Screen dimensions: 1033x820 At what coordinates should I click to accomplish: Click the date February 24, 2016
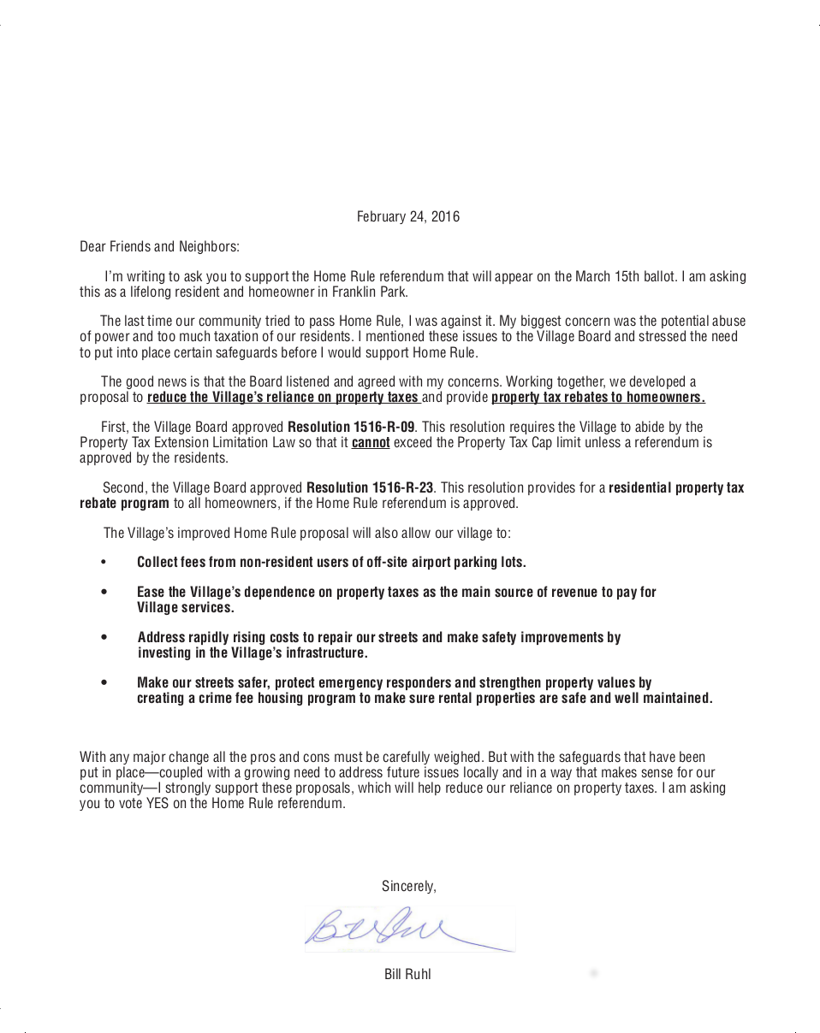pyautogui.click(x=407, y=216)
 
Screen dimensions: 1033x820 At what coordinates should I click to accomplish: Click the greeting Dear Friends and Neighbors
pyautogui.click(x=159, y=247)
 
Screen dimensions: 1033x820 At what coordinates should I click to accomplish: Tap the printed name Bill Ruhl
pyautogui.click(x=407, y=974)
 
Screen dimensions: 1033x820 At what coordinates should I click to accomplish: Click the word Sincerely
pyautogui.click(x=408, y=887)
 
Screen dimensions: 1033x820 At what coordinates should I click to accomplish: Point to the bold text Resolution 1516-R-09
pyautogui.click(x=351, y=427)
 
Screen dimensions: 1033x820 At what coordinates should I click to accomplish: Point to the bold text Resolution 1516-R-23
pyautogui.click(x=370, y=488)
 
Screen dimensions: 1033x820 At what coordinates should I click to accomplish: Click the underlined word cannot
pyautogui.click(x=371, y=443)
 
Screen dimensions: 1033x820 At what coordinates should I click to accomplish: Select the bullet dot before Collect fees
pyautogui.click(x=104, y=563)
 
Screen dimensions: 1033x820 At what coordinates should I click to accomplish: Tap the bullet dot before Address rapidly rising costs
pyautogui.click(x=104, y=638)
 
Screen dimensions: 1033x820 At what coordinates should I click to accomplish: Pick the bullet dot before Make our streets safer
pyautogui.click(x=104, y=683)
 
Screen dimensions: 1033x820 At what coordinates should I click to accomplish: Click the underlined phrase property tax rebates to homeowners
pyautogui.click(x=598, y=398)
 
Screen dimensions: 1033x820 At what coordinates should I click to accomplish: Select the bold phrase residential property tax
pyautogui.click(x=676, y=488)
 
